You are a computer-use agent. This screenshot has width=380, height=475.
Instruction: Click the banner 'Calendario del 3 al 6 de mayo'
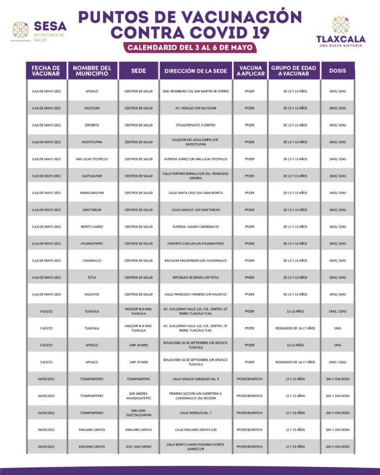190,47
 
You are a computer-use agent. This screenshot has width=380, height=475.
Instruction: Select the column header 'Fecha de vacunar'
46,71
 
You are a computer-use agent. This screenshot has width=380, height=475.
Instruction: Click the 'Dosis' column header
337,71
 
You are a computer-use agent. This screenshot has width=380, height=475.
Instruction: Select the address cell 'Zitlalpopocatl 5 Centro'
196,125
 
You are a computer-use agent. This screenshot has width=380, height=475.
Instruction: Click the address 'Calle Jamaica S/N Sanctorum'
196,210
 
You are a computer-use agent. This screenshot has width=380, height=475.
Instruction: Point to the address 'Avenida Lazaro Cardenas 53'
196,227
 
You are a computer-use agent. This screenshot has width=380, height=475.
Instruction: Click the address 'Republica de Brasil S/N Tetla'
196,277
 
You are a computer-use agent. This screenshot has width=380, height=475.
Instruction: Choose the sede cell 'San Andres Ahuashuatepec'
138,396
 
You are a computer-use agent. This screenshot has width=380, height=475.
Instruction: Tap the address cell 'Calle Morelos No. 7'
196,413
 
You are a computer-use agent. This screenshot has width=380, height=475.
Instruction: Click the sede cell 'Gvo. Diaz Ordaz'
138,447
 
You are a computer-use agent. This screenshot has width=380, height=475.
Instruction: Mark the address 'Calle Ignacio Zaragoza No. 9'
196,379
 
